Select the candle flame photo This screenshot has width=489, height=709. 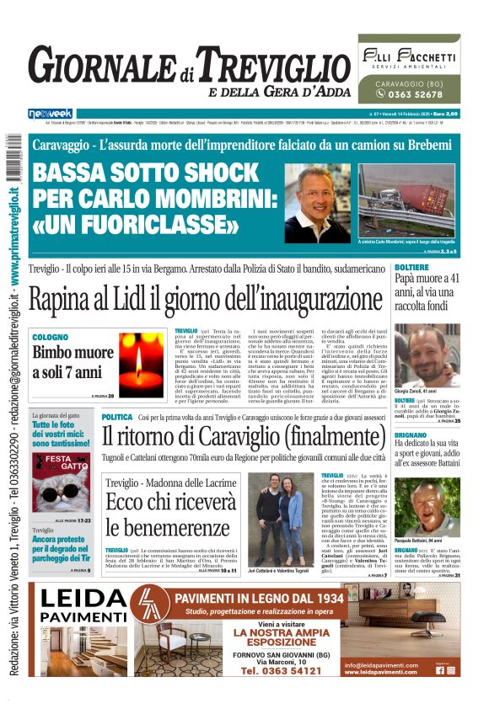coord(142,363)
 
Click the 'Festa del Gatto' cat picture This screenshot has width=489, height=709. coord(61,482)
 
